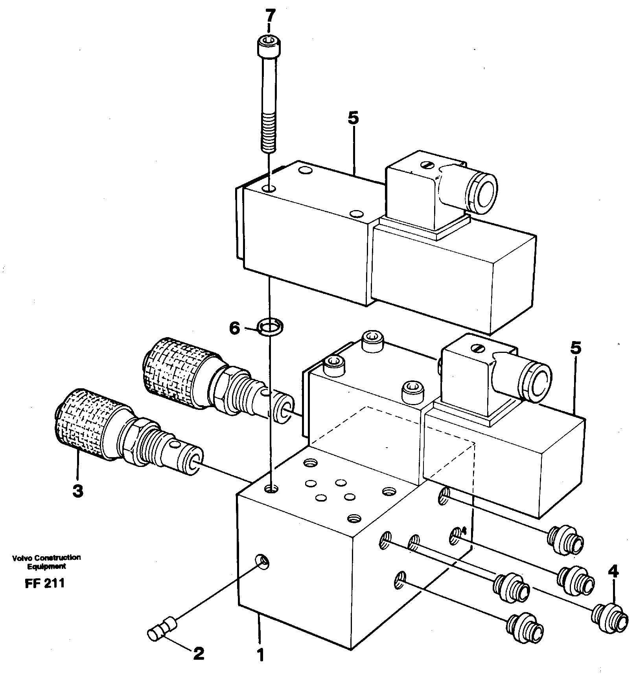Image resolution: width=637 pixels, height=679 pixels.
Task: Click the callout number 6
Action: pyautogui.click(x=235, y=328)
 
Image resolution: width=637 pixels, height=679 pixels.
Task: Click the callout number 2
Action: pyautogui.click(x=199, y=653)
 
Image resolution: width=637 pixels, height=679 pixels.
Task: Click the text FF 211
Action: pyautogui.click(x=44, y=583)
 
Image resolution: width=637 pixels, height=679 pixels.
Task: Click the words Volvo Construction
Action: pyautogui.click(x=46, y=557)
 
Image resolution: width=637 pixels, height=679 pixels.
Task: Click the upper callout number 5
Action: pyautogui.click(x=353, y=119)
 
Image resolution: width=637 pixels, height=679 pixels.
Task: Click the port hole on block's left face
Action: pyautogui.click(x=262, y=561)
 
